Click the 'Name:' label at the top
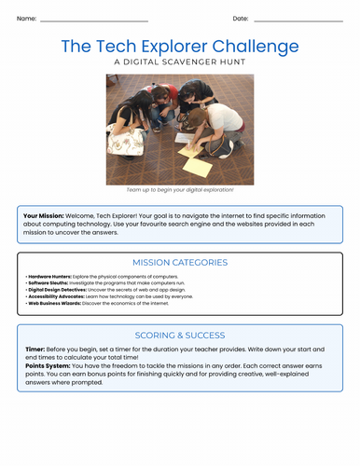click(26, 19)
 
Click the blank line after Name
click(94, 21)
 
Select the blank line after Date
click(298, 21)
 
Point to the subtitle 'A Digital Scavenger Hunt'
click(180, 62)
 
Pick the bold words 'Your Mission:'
click(47, 215)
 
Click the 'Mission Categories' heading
click(180, 263)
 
